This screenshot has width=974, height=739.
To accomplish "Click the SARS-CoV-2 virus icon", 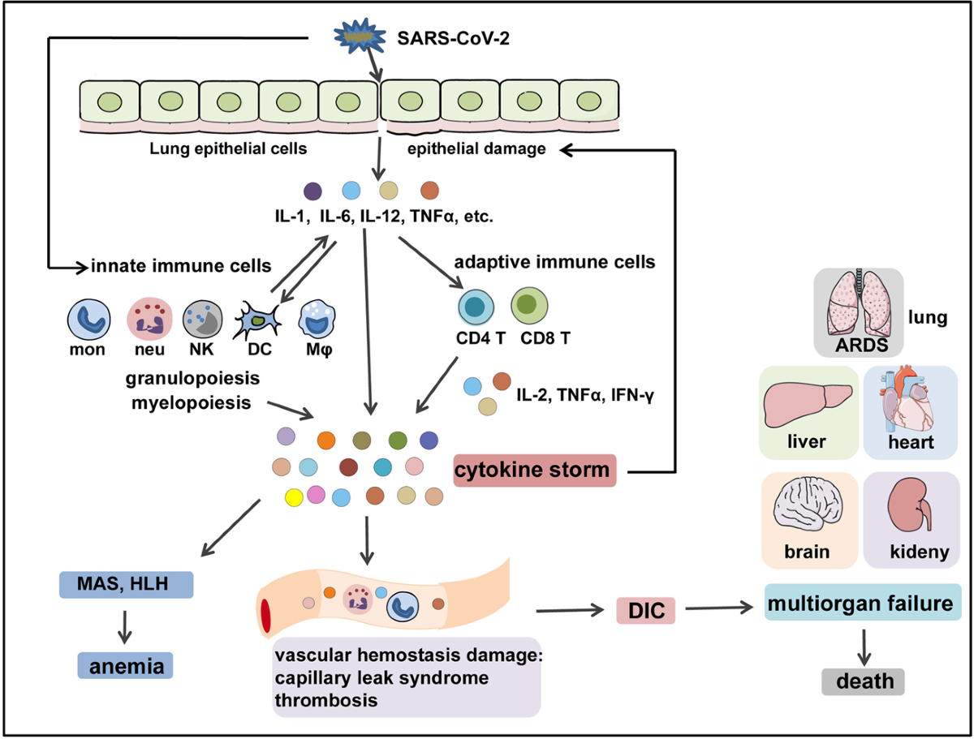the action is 359,36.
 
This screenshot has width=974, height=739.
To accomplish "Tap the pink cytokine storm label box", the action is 535,470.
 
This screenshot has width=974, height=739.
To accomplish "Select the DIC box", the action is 645,611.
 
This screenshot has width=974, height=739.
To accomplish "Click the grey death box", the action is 863,681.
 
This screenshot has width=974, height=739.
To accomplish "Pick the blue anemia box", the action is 126,665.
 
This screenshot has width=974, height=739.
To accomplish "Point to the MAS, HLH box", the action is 127,584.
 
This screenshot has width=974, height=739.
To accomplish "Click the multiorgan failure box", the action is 863,602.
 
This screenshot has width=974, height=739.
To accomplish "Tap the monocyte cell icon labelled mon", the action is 88,320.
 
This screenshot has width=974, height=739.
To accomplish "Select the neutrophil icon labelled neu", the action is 149,319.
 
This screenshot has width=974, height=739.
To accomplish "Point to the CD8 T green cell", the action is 529,306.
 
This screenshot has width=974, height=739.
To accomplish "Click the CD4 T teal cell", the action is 476,307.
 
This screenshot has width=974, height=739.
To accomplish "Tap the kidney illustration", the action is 910,505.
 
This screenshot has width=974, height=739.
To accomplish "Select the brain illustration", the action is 808,504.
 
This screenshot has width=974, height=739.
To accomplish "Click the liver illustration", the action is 807,404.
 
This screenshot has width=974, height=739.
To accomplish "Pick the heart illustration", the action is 905,400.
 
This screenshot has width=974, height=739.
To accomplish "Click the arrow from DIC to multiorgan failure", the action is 719,608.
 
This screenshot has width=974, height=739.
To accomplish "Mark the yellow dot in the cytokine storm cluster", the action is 294,497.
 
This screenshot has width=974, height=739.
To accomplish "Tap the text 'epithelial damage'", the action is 476,149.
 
